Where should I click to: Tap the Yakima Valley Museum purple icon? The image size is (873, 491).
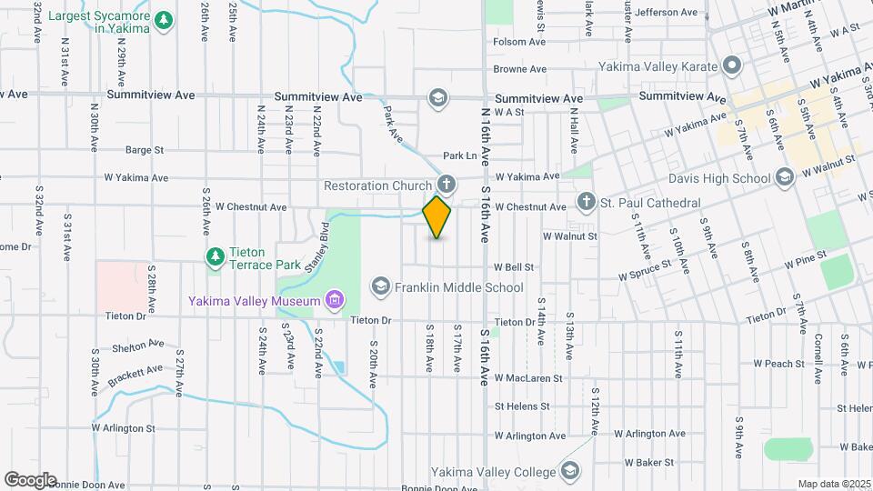click(335, 300)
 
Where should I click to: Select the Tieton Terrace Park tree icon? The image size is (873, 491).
click(215, 257)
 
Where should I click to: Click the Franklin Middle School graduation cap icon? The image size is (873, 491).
click(379, 287)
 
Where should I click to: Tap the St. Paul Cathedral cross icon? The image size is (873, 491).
click(587, 201)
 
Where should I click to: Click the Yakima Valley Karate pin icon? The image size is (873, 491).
click(732, 65)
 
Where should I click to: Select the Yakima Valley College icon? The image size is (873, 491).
click(570, 471)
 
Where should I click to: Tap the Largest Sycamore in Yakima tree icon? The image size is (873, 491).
click(163, 20)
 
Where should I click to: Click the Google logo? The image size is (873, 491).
click(30, 479)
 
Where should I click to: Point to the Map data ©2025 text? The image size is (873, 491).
click(834, 484)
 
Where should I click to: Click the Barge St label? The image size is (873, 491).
click(144, 149)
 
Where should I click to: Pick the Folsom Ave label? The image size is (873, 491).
click(519, 42)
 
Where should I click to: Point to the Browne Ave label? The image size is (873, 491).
click(519, 68)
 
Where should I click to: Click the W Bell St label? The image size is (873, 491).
click(513, 267)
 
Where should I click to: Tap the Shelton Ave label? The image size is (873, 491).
click(138, 346)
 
